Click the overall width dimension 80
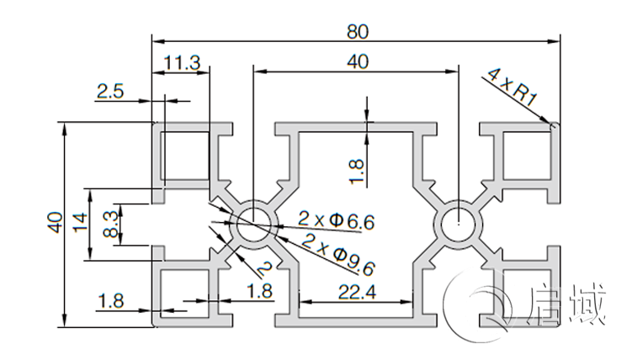(x=357, y=31)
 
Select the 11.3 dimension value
(x=182, y=63)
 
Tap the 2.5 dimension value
(x=109, y=93)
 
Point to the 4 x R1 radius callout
(x=510, y=86)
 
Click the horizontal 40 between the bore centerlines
(x=357, y=63)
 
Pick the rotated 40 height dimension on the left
(x=56, y=223)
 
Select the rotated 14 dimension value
(x=82, y=224)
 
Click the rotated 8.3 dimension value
(x=109, y=225)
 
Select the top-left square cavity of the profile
(x=185, y=156)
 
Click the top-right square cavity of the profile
(x=523, y=156)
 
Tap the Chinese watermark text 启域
(x=567, y=308)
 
